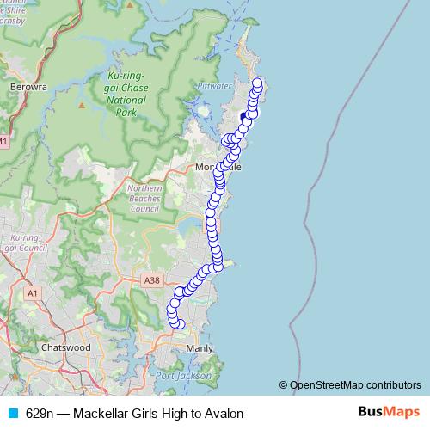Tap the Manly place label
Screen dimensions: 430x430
pos(200,348)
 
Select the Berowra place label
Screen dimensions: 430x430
pos(27,87)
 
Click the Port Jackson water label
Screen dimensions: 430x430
pos(178,376)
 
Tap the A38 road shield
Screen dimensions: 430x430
pos(152,280)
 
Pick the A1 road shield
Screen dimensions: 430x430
pos(34,293)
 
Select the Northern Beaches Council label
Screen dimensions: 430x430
pos(144,199)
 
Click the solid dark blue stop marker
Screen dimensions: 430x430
pos(244,115)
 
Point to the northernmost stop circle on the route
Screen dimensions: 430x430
pos(256,83)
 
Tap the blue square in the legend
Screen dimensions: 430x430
pos(12,413)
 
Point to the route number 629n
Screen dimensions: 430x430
pos(40,413)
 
